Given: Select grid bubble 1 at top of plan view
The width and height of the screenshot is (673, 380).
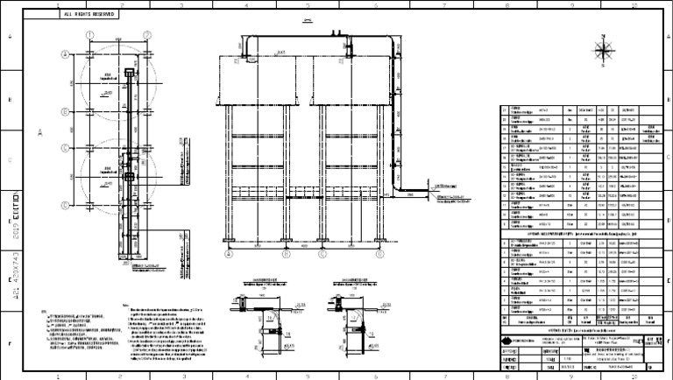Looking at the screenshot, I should pos(89,34).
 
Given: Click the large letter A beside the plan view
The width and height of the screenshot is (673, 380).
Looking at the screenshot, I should pos(40,133).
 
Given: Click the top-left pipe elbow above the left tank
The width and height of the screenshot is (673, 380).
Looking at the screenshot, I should pos(247,42).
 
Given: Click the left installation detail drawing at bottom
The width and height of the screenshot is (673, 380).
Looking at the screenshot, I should pos(264,320).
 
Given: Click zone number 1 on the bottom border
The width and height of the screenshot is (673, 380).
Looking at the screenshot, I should pos(57,375).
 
